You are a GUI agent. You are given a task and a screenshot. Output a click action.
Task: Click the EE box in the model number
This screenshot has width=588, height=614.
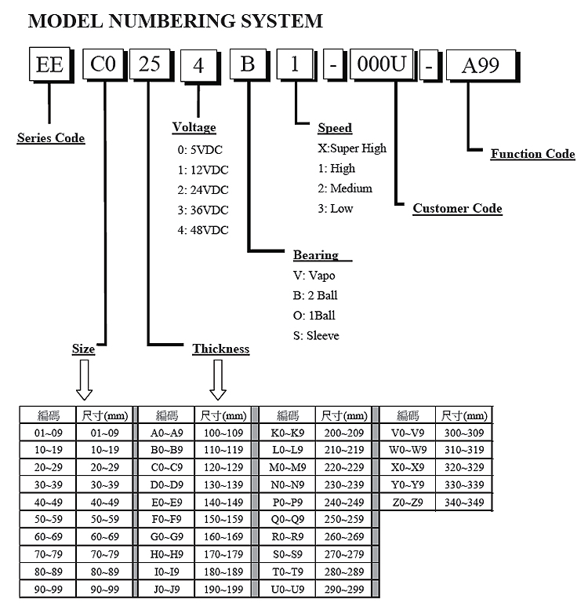[49, 64]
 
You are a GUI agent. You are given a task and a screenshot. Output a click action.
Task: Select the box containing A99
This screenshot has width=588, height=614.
[481, 66]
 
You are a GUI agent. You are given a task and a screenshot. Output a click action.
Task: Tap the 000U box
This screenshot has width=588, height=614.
[380, 65]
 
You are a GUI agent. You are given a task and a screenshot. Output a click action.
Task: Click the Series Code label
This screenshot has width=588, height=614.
[51, 138]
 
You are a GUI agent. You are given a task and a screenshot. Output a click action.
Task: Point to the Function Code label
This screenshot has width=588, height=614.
[532, 154]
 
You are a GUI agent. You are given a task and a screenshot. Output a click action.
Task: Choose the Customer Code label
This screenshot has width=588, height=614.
[457, 208]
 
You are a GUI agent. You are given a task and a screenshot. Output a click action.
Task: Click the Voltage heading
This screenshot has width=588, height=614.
[194, 127]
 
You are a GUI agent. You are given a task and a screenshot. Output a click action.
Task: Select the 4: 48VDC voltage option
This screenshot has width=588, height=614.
[203, 230]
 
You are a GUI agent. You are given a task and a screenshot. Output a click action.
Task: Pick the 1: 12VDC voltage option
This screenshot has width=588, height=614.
[203, 169]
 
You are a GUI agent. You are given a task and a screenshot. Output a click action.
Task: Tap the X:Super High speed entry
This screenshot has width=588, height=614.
[352, 148]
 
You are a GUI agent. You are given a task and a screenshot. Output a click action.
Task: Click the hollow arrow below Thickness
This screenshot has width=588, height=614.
[219, 382]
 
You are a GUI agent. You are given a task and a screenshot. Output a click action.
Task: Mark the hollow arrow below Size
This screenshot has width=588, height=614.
[84, 382]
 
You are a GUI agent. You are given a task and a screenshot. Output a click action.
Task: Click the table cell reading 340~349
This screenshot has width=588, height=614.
[463, 502]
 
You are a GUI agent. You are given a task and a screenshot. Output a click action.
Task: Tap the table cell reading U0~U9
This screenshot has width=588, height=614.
[288, 588]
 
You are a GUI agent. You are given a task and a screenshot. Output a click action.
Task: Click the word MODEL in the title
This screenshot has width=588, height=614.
[65, 21]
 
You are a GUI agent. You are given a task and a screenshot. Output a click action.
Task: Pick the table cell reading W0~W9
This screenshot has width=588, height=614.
[408, 450]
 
